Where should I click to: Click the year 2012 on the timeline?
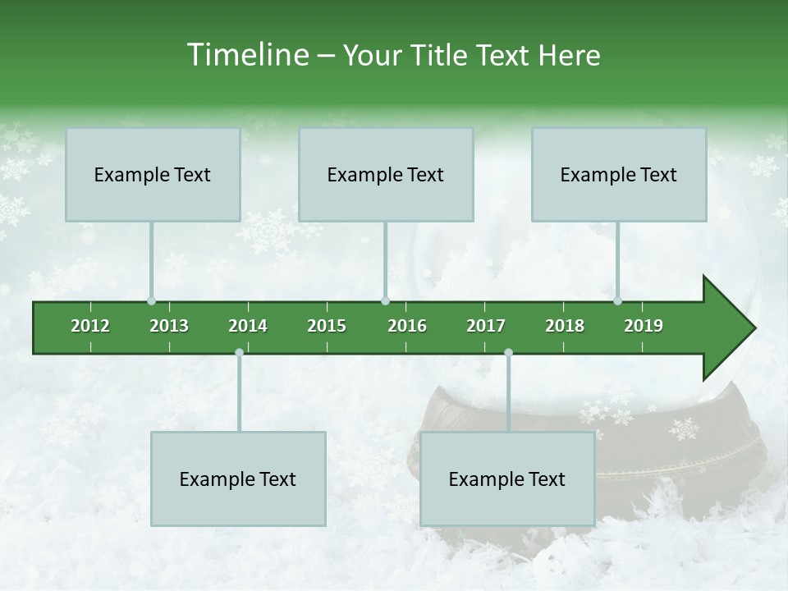coord(90,326)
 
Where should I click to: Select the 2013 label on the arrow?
coord(169,326)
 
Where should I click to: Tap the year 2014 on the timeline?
coord(248,326)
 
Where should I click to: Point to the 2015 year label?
coord(327,326)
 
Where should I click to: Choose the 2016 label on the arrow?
coord(407,326)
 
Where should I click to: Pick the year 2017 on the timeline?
coord(486,326)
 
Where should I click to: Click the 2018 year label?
coord(565,326)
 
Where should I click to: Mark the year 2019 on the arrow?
coord(644,326)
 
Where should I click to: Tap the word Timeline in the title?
coord(246,55)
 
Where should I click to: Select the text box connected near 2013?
coord(153,174)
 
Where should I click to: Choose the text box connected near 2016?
coord(386,174)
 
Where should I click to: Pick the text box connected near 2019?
coord(619,174)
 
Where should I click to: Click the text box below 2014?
coord(238,479)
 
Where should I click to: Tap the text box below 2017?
coord(507,479)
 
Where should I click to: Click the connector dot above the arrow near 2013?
coord(152,301)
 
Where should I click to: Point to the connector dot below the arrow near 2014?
coord(239,353)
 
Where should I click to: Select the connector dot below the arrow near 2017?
coord(508,353)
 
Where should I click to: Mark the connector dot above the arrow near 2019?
coord(617,301)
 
